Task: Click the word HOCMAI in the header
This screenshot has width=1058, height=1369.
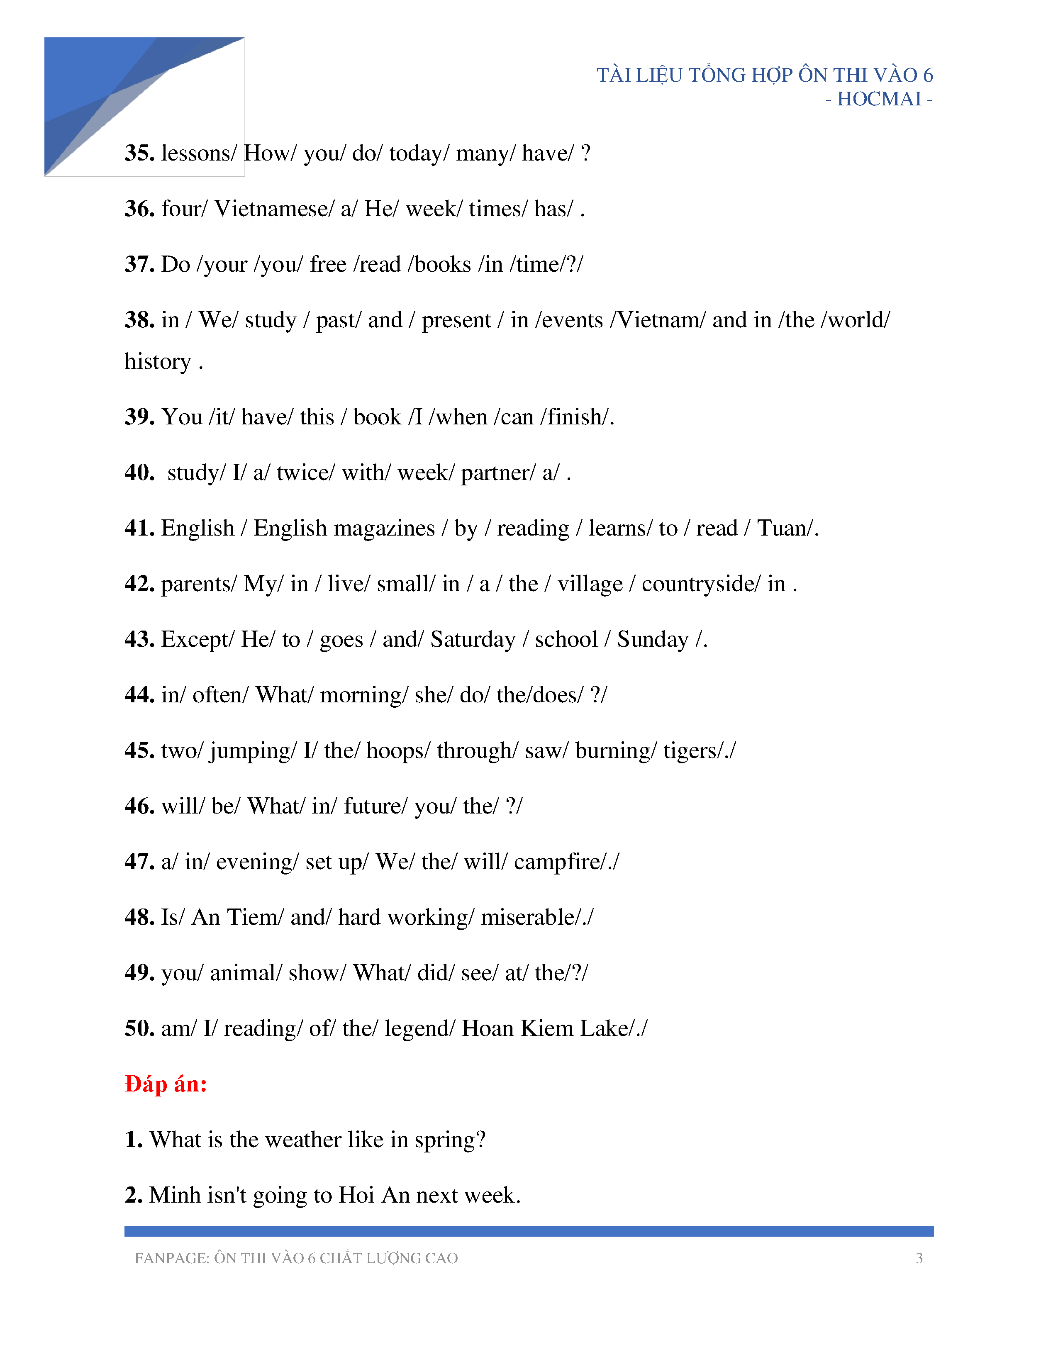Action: point(879,99)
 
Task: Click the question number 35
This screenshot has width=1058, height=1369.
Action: point(139,153)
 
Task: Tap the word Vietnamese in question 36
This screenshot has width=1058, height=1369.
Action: point(273,209)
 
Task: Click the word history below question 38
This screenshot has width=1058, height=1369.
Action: point(157,362)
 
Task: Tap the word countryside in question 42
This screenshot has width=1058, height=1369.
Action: point(700,584)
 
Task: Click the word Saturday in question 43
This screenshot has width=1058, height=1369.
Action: point(473,639)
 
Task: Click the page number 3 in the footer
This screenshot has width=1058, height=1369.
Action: point(919,1258)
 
